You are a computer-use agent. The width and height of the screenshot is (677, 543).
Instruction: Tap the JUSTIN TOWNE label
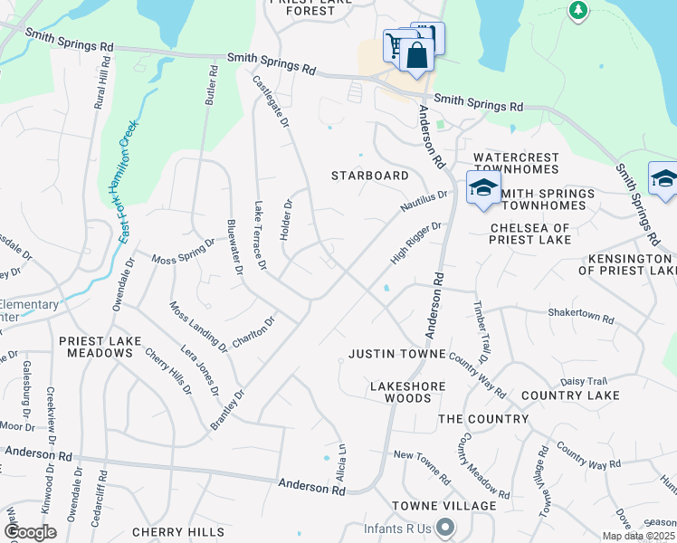[x=397, y=353]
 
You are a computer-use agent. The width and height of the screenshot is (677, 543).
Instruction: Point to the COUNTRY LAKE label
[x=570, y=395]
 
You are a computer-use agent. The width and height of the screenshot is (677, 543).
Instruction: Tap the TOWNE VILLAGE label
[x=444, y=506]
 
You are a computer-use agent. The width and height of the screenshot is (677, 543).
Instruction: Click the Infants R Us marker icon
[x=444, y=526]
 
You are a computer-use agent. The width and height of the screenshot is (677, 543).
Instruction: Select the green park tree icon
[x=577, y=11]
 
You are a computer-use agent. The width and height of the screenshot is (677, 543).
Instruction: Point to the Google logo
[x=30, y=532]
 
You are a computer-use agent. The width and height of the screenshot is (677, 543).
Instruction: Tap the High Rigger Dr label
[x=415, y=243]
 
